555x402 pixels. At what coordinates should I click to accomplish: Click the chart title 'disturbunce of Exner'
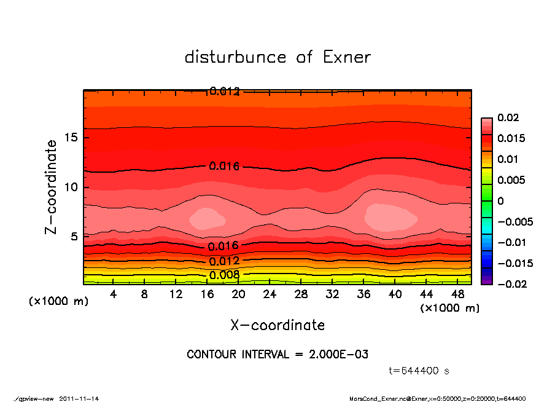tap(277, 58)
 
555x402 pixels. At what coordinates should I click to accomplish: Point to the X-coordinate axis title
tap(277, 325)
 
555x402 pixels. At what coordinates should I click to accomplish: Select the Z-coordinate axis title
tap(52, 187)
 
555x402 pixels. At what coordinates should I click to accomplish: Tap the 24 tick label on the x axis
tap(270, 294)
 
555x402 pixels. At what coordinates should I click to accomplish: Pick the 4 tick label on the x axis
tap(114, 294)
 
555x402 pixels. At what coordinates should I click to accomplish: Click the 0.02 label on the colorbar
tap(508, 117)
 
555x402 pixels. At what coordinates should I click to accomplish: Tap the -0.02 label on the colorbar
tap(511, 284)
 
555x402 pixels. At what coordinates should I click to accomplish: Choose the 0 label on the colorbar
tap(500, 201)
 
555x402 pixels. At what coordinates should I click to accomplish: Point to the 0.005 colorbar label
tap(511, 180)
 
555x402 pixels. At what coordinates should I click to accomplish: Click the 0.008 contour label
tap(224, 275)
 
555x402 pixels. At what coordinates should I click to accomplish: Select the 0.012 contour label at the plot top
tap(224, 92)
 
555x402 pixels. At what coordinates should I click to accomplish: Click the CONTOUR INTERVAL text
tap(277, 355)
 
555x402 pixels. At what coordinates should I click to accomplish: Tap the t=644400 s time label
tap(419, 371)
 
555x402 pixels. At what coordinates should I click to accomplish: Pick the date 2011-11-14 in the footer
tap(79, 398)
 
